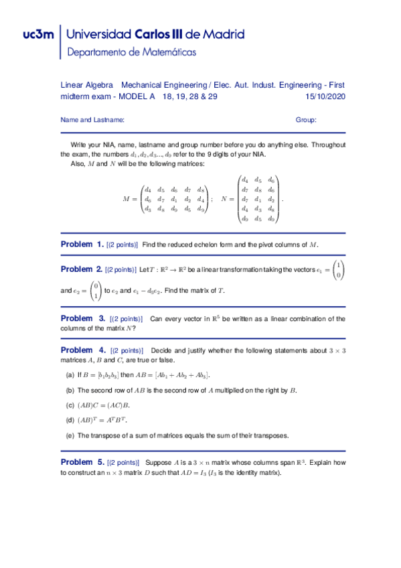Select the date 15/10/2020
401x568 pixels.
click(324, 97)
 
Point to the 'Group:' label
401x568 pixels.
click(306, 120)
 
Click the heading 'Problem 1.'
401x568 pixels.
click(82, 244)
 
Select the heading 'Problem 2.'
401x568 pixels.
click(82, 269)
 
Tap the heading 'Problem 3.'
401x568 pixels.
click(82, 318)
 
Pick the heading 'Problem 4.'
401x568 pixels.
click(83, 350)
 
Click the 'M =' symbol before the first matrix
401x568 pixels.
click(130, 199)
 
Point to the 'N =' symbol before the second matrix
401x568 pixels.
click(226, 199)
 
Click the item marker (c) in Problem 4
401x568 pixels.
click(70, 405)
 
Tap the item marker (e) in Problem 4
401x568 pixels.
click(70, 435)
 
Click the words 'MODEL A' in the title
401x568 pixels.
click(136, 97)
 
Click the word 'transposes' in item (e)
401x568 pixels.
click(271, 435)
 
